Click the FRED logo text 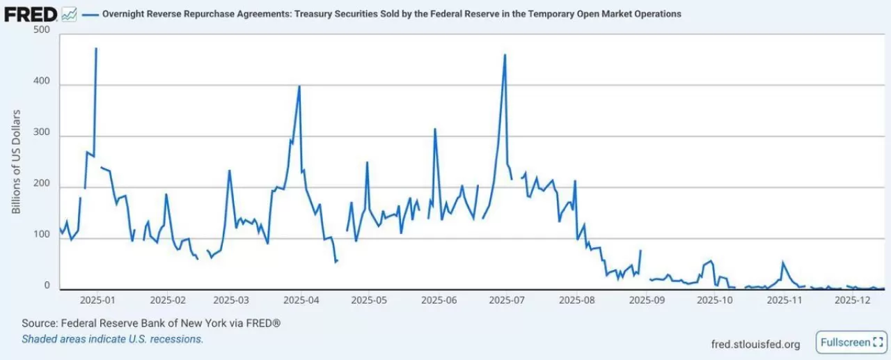(x=31, y=13)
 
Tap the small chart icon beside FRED (x=69, y=13)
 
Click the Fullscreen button (x=849, y=343)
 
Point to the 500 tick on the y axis (x=42, y=30)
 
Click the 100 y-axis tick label (x=42, y=235)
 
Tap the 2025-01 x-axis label (x=97, y=301)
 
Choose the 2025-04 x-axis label (x=301, y=301)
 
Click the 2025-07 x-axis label (x=507, y=301)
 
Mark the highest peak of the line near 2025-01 (x=96, y=49)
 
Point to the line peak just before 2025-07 (x=505, y=55)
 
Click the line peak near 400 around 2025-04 (x=299, y=86)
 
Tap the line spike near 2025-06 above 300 (x=435, y=129)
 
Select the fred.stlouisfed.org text (x=755, y=344)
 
